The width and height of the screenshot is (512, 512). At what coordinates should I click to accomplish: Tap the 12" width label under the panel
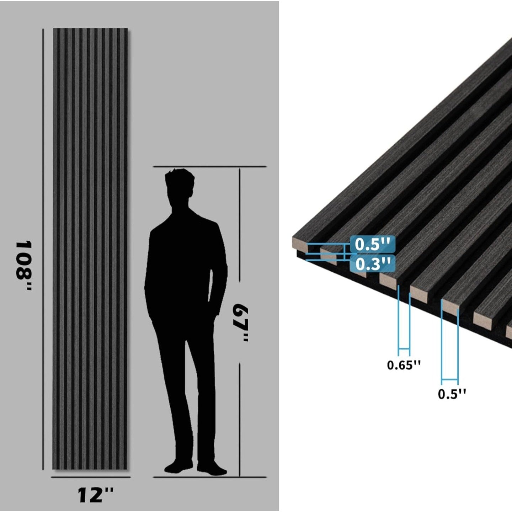(x=95, y=495)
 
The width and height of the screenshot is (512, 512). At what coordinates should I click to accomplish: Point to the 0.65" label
(x=404, y=365)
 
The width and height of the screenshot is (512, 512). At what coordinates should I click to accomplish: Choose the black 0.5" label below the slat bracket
(x=452, y=394)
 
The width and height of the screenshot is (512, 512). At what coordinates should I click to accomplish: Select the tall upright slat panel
(x=90, y=249)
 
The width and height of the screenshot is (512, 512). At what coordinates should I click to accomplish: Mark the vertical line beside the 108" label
(x=43, y=249)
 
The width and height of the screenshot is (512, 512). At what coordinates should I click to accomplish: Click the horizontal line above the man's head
(x=210, y=166)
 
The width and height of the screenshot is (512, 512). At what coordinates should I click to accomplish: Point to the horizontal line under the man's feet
(x=210, y=477)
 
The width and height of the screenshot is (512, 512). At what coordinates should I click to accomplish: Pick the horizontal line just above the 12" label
(x=91, y=477)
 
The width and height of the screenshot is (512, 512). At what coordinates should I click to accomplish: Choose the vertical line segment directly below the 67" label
(x=240, y=420)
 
